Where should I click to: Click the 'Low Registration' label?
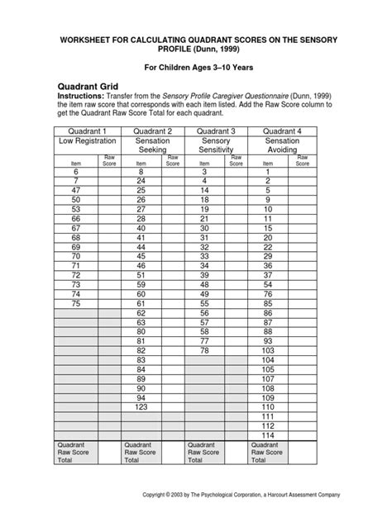tap(86, 141)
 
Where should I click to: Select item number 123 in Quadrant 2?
tap(141, 407)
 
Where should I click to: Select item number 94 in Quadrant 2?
tap(141, 397)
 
